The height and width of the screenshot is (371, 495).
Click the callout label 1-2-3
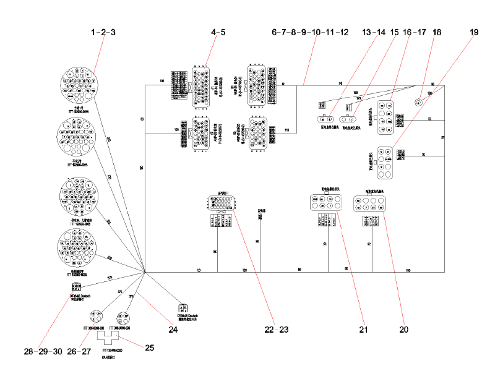coord(103,32)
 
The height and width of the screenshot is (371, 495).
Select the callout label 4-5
coord(218,32)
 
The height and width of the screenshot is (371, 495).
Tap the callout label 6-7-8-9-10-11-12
coord(310,32)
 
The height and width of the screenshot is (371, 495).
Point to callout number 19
coord(475,32)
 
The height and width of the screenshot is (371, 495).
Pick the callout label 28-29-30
coord(43,351)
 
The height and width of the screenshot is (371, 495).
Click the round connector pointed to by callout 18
coord(418,102)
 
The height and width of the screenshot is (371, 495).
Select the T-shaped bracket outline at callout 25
coord(112,339)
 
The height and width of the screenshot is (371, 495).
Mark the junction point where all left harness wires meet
coord(144,272)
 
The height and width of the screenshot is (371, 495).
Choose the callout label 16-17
coord(415,32)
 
